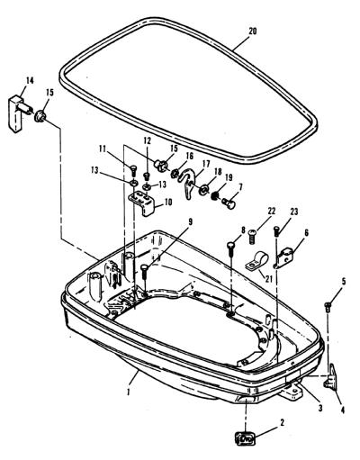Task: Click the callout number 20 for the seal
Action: (253, 32)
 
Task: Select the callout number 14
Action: (30, 81)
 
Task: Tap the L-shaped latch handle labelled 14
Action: (19, 113)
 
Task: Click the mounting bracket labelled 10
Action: (143, 203)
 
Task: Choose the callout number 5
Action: (344, 282)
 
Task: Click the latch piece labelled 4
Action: (330, 376)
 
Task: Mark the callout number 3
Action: (320, 408)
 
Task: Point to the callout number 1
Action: (129, 392)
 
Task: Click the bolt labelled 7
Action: (229, 204)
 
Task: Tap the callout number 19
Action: (229, 177)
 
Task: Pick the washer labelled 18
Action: (204, 189)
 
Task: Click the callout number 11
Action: (103, 149)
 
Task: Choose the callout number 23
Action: (293, 212)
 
